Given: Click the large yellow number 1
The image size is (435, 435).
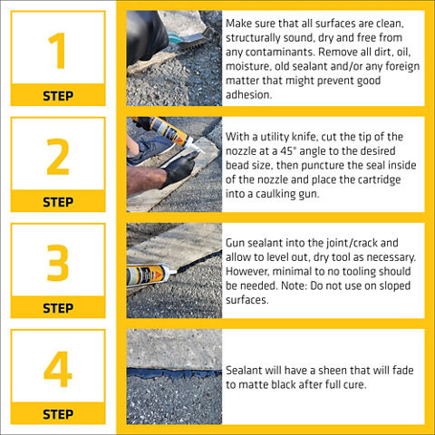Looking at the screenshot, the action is [58, 51].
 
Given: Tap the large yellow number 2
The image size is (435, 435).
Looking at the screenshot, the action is [58, 157].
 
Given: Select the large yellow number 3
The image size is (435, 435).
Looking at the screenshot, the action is [58, 263].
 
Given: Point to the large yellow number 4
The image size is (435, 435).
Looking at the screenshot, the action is [58, 369].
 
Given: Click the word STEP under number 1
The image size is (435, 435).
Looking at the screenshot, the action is [58, 96].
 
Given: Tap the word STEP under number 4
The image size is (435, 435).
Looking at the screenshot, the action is [58, 414].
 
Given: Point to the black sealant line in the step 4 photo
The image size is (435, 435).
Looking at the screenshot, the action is [174, 373].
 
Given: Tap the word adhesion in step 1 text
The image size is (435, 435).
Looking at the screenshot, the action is [248, 95].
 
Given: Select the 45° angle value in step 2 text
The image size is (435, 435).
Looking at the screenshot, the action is [286, 150].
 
